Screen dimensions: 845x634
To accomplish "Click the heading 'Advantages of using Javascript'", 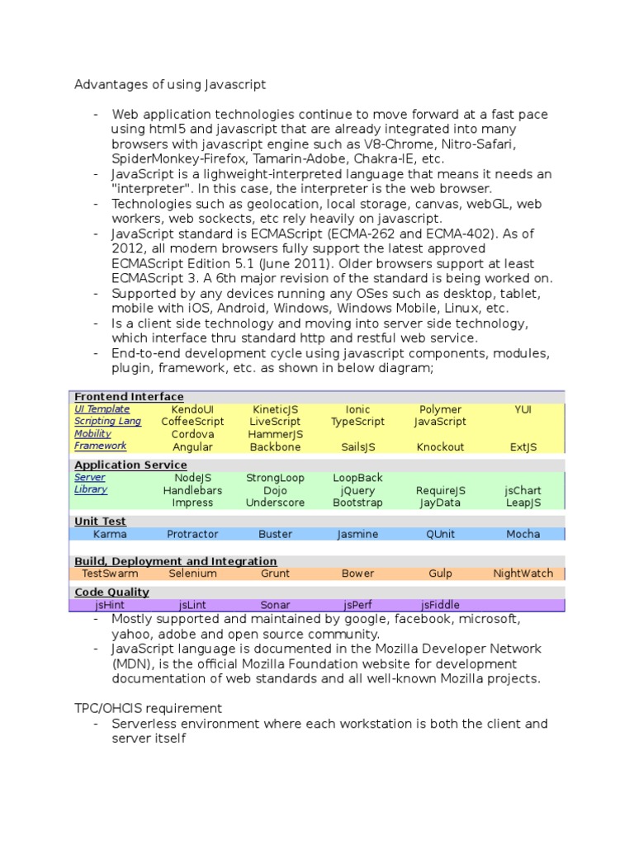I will coord(170,84).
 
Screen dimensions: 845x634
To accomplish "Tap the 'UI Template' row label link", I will coord(102,408).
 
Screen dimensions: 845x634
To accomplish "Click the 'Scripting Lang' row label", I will coord(107,421).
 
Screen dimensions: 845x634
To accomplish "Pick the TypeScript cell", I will coord(357,422).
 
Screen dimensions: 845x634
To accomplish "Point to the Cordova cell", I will coord(192,434).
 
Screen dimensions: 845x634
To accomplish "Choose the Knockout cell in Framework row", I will coord(440,447).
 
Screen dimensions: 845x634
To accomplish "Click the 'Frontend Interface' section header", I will coord(129,397).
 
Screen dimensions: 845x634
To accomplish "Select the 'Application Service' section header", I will coord(130,465).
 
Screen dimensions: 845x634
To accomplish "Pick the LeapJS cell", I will coord(523,503).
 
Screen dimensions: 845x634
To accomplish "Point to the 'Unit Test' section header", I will coord(100,522).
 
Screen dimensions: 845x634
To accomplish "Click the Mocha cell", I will coord(523,534).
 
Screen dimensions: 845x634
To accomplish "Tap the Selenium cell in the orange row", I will coord(192,574).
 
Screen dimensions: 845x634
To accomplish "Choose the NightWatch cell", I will coord(523,574).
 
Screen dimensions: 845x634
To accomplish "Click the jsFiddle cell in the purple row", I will coord(440,605).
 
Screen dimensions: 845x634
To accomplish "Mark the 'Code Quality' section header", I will coord(111,592).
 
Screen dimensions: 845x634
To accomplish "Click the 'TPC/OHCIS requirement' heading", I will coord(148,708).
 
